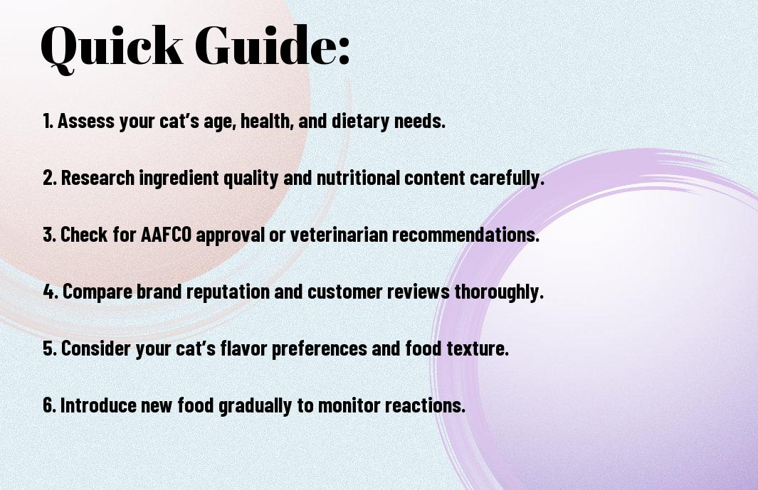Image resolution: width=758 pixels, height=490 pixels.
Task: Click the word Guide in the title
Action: click(x=264, y=45)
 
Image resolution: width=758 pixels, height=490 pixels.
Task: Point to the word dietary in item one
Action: click(x=360, y=120)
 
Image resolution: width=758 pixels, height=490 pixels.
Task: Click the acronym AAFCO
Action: click(x=166, y=235)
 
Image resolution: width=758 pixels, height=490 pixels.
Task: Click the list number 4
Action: click(x=49, y=292)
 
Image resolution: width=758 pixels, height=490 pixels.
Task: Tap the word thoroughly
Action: click(x=499, y=292)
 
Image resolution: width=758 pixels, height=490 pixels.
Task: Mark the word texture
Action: click(x=477, y=348)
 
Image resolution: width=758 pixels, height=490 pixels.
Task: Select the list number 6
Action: click(x=49, y=405)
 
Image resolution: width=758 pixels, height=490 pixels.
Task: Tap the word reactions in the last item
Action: click(x=425, y=405)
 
